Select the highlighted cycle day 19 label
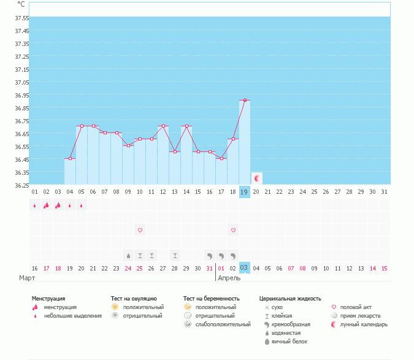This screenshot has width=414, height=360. tap(244, 192)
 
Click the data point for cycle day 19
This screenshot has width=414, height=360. tap(245, 100)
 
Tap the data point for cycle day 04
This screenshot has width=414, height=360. tap(70, 158)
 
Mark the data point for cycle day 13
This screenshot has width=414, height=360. tap(175, 151)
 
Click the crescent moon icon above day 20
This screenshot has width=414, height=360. tap(257, 178)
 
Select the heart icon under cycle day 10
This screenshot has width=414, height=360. tap(140, 230)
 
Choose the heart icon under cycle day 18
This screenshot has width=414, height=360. tap(233, 230)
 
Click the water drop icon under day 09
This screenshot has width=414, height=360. tap(128, 255)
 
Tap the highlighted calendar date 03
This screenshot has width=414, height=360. tap(244, 268)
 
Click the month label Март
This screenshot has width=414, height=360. tap(26, 278)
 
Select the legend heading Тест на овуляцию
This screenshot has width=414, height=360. tap(134, 298)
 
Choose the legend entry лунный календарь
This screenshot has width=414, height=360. tap(364, 324)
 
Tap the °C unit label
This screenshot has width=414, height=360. tap(21, 4)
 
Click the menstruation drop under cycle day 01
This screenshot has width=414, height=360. tap(35, 205)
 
